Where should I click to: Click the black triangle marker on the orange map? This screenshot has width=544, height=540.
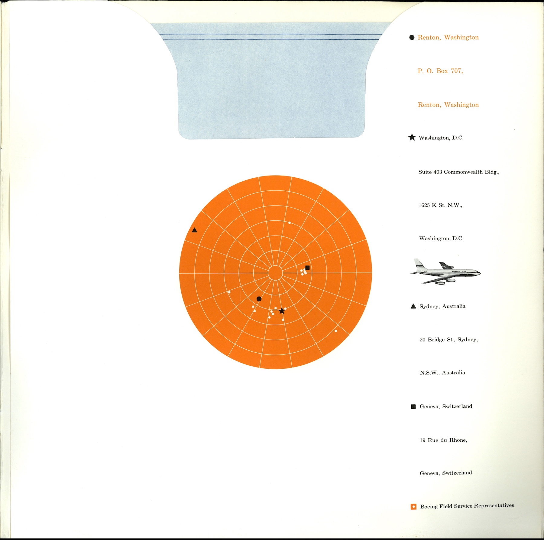point(195,230)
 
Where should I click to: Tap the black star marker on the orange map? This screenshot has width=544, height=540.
point(282,311)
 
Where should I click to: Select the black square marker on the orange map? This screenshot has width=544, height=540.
point(307,268)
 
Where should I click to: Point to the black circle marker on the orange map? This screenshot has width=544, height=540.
point(259,299)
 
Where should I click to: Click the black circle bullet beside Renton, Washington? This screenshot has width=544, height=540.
point(412,38)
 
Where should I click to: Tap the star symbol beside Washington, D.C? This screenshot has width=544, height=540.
point(412,137)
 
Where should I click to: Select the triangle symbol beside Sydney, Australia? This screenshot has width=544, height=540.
point(413,306)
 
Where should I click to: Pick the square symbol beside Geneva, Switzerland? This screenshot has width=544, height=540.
point(413,407)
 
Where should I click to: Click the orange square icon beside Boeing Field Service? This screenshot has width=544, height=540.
point(414,506)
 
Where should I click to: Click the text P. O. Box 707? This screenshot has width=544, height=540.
point(440,71)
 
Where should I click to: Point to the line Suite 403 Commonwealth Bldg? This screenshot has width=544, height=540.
point(459,172)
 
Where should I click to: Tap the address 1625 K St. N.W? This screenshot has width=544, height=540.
point(440,205)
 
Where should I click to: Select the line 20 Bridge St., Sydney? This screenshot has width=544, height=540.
point(448,340)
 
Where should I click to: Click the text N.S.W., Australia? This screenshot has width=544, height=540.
point(442,373)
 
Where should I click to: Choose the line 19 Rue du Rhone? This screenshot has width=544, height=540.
point(443,440)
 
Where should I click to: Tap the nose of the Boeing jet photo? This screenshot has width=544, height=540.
point(479,273)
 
